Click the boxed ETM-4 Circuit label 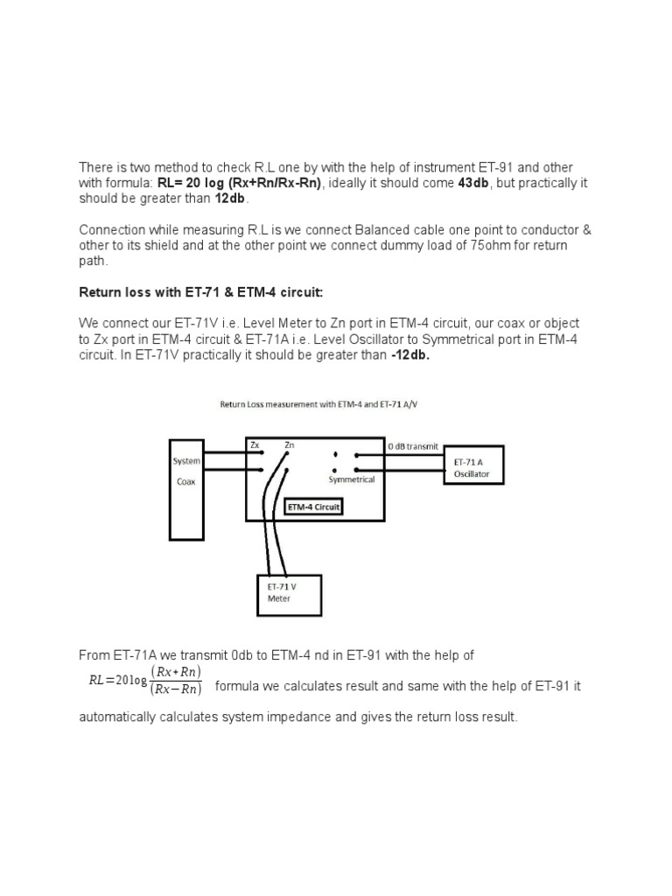pyautogui.click(x=314, y=507)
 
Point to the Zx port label pyautogui.click(x=255, y=445)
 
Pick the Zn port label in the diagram pyautogui.click(x=289, y=445)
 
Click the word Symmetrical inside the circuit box pyautogui.click(x=352, y=479)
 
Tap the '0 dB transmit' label pyautogui.click(x=413, y=445)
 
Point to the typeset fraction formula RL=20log pyautogui.click(x=143, y=680)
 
